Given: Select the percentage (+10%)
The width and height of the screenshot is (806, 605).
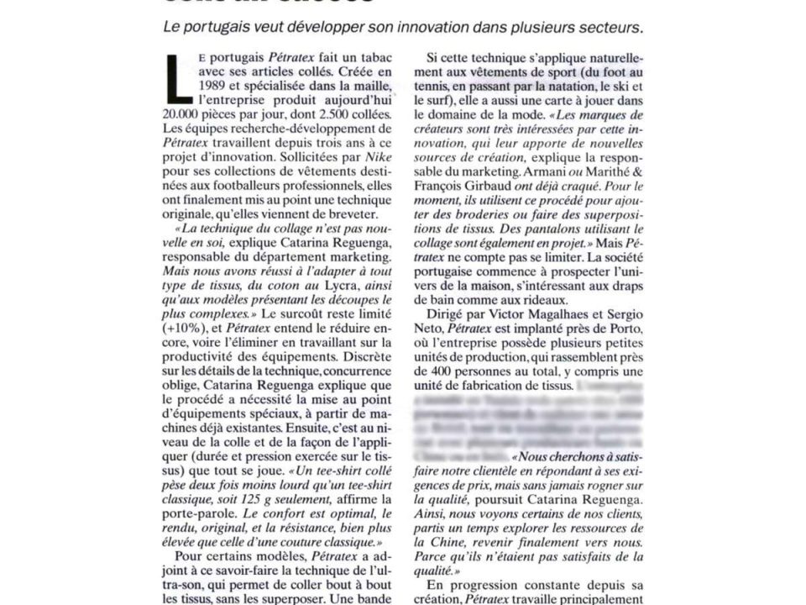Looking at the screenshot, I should pyautogui.click(x=182, y=326).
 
